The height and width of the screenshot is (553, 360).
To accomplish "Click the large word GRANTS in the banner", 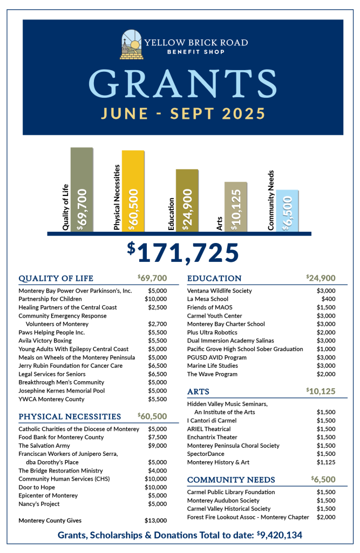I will pyautogui.click(x=182, y=82).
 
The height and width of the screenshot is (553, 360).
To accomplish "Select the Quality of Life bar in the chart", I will pyautogui.click(x=81, y=189).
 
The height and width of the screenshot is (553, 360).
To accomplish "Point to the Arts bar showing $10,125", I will pyautogui.click(x=236, y=207).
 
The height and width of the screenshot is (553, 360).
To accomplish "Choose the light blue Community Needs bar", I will pyautogui.click(x=287, y=211).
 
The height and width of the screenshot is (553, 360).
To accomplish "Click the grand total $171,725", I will pyautogui.click(x=183, y=252).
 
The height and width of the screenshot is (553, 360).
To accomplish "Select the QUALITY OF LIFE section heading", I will pyautogui.click(x=56, y=279).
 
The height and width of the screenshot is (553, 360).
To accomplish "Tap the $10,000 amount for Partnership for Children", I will pyautogui.click(x=155, y=299).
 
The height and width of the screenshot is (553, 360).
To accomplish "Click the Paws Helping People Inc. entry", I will pyautogui.click(x=52, y=332).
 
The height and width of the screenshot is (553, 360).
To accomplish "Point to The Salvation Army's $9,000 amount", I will pyautogui.click(x=158, y=446).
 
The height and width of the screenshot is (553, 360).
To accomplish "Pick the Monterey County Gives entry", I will pyautogui.click(x=50, y=520).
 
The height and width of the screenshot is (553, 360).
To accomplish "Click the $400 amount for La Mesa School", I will pyautogui.click(x=328, y=299).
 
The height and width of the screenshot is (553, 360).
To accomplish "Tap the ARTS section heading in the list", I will pyautogui.click(x=198, y=391).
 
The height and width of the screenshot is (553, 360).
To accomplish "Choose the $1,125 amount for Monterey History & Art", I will pyautogui.click(x=326, y=462).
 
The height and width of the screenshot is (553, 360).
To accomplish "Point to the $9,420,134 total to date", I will pyautogui.click(x=279, y=535).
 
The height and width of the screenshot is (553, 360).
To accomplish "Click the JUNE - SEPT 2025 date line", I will pyautogui.click(x=182, y=113).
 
